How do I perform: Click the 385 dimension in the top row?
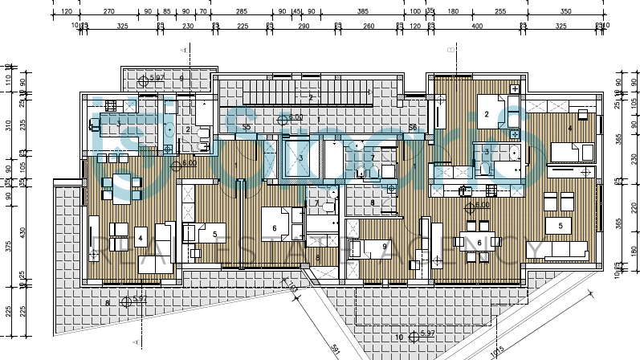pos(362,12)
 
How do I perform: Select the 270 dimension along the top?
pos(109,12)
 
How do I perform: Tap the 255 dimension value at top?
pos(500,12)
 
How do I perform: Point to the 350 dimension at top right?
pos(565,12)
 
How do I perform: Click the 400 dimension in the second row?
pos(477,26)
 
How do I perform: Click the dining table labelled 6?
pos(479,243)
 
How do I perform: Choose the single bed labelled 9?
pos(374,247)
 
